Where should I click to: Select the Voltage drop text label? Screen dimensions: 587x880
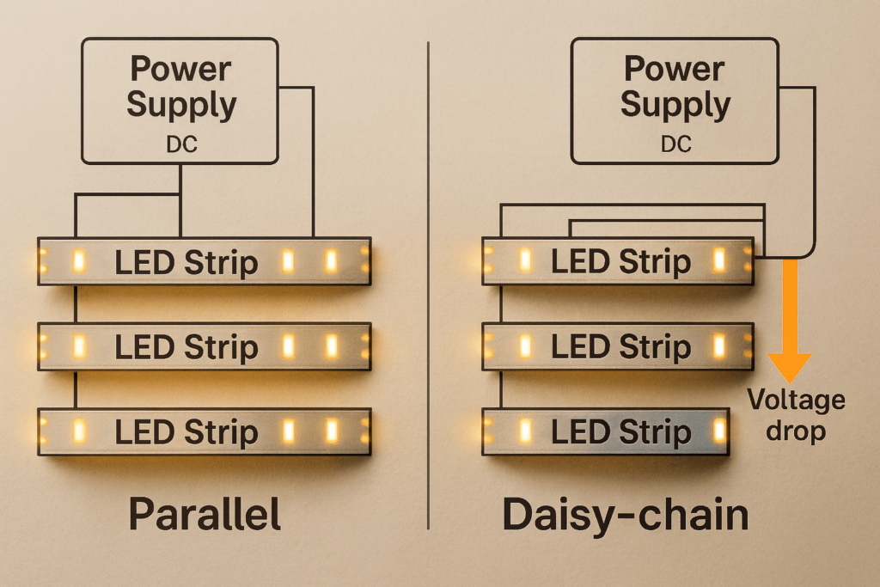click(x=796, y=414)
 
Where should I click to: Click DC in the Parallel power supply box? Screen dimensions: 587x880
click(x=181, y=144)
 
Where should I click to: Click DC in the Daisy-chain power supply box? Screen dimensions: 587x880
click(x=675, y=144)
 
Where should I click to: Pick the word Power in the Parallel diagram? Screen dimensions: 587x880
click(x=180, y=68)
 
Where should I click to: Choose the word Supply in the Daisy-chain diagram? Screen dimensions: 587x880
click(x=675, y=106)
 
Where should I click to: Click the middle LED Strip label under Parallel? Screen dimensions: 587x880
click(x=186, y=347)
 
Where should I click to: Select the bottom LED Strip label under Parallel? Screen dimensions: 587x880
click(x=186, y=431)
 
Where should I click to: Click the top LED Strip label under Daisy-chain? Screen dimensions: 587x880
click(x=620, y=262)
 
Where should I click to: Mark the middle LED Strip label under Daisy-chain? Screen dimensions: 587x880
click(x=620, y=347)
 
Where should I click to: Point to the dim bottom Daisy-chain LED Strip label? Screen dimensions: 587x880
click(x=620, y=431)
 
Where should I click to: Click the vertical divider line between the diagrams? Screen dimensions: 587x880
click(x=428, y=284)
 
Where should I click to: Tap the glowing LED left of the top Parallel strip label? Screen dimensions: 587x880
click(x=77, y=261)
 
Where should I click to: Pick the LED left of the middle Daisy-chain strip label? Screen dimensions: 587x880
click(x=522, y=345)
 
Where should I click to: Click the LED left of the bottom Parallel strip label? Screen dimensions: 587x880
click(x=77, y=431)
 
